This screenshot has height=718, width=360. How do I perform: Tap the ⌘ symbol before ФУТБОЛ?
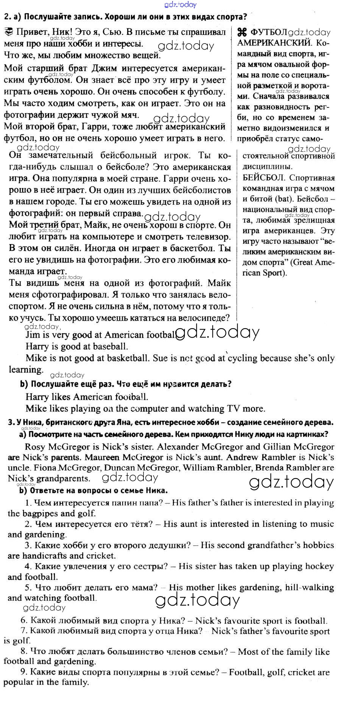pyautogui.click(x=242, y=32)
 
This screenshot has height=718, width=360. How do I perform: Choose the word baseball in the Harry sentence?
pyautogui.click(x=110, y=346)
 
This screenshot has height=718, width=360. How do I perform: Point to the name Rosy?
pyautogui.click(x=34, y=447)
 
